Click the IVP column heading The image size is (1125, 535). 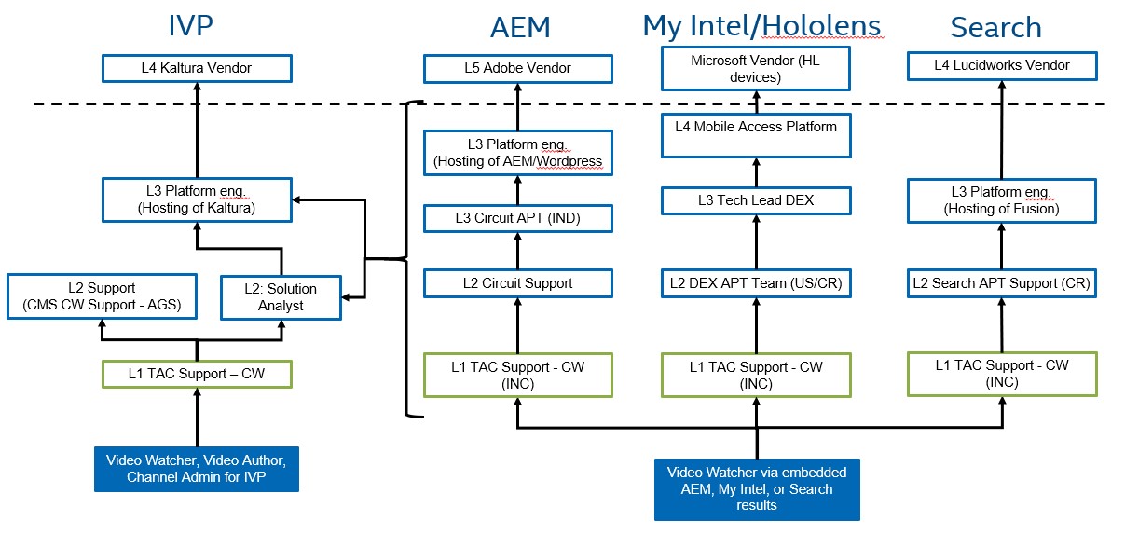click(190, 25)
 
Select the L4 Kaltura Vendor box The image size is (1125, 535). click(197, 68)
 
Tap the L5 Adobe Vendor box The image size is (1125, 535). click(518, 68)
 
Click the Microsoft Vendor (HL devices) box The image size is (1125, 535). click(756, 69)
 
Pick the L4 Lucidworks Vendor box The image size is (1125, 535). click(1002, 65)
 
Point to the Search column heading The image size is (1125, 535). click(995, 28)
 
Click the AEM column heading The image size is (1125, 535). click(520, 28)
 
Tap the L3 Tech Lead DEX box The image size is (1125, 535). click(756, 200)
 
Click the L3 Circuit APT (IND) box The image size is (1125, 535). click(518, 219)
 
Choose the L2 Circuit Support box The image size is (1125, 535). click(518, 283)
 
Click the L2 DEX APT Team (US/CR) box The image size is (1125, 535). click(756, 283)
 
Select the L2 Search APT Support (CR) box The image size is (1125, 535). click(1002, 283)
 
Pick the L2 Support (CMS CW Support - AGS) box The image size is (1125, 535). click(102, 296)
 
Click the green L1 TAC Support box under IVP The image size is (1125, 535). click(197, 374)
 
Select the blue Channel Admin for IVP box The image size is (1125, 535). click(197, 469)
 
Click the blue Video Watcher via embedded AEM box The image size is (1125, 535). click(756, 488)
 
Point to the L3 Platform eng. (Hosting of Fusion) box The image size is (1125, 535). click(1002, 200)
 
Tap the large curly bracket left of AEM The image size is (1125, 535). click(408, 258)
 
